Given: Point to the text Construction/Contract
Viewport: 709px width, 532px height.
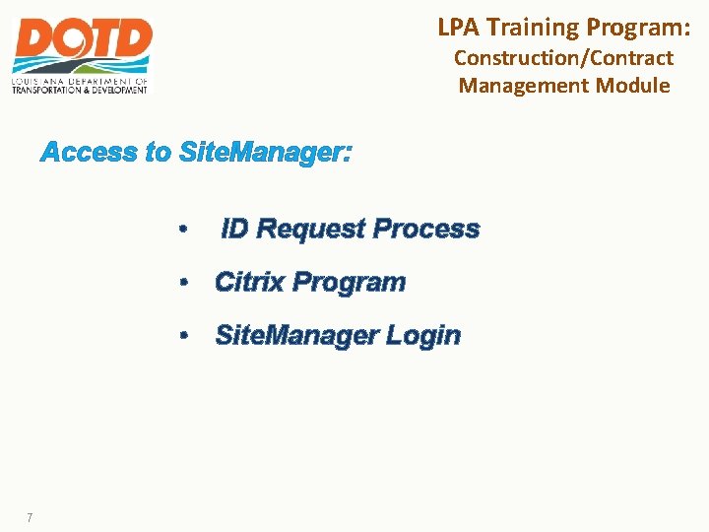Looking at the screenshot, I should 563,58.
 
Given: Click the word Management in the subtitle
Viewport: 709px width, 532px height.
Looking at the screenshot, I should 524,85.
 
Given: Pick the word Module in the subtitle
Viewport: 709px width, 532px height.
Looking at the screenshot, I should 632,85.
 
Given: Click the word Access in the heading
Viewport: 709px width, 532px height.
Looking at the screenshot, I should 89,153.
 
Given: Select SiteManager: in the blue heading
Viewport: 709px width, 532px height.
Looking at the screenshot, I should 265,153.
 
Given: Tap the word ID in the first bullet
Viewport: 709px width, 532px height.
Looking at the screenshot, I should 234,230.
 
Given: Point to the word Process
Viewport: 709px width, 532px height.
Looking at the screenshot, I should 426,230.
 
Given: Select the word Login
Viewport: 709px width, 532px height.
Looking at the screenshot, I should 422,336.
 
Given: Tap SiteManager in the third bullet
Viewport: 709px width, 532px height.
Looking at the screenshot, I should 296,336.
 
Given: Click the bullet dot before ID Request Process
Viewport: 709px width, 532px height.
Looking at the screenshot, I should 183,231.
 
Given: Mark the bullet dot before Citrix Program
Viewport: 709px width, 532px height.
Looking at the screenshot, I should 183,284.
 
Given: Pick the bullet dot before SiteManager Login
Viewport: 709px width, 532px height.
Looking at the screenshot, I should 183,336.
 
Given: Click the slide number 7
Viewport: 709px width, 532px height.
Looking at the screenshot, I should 31,517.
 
